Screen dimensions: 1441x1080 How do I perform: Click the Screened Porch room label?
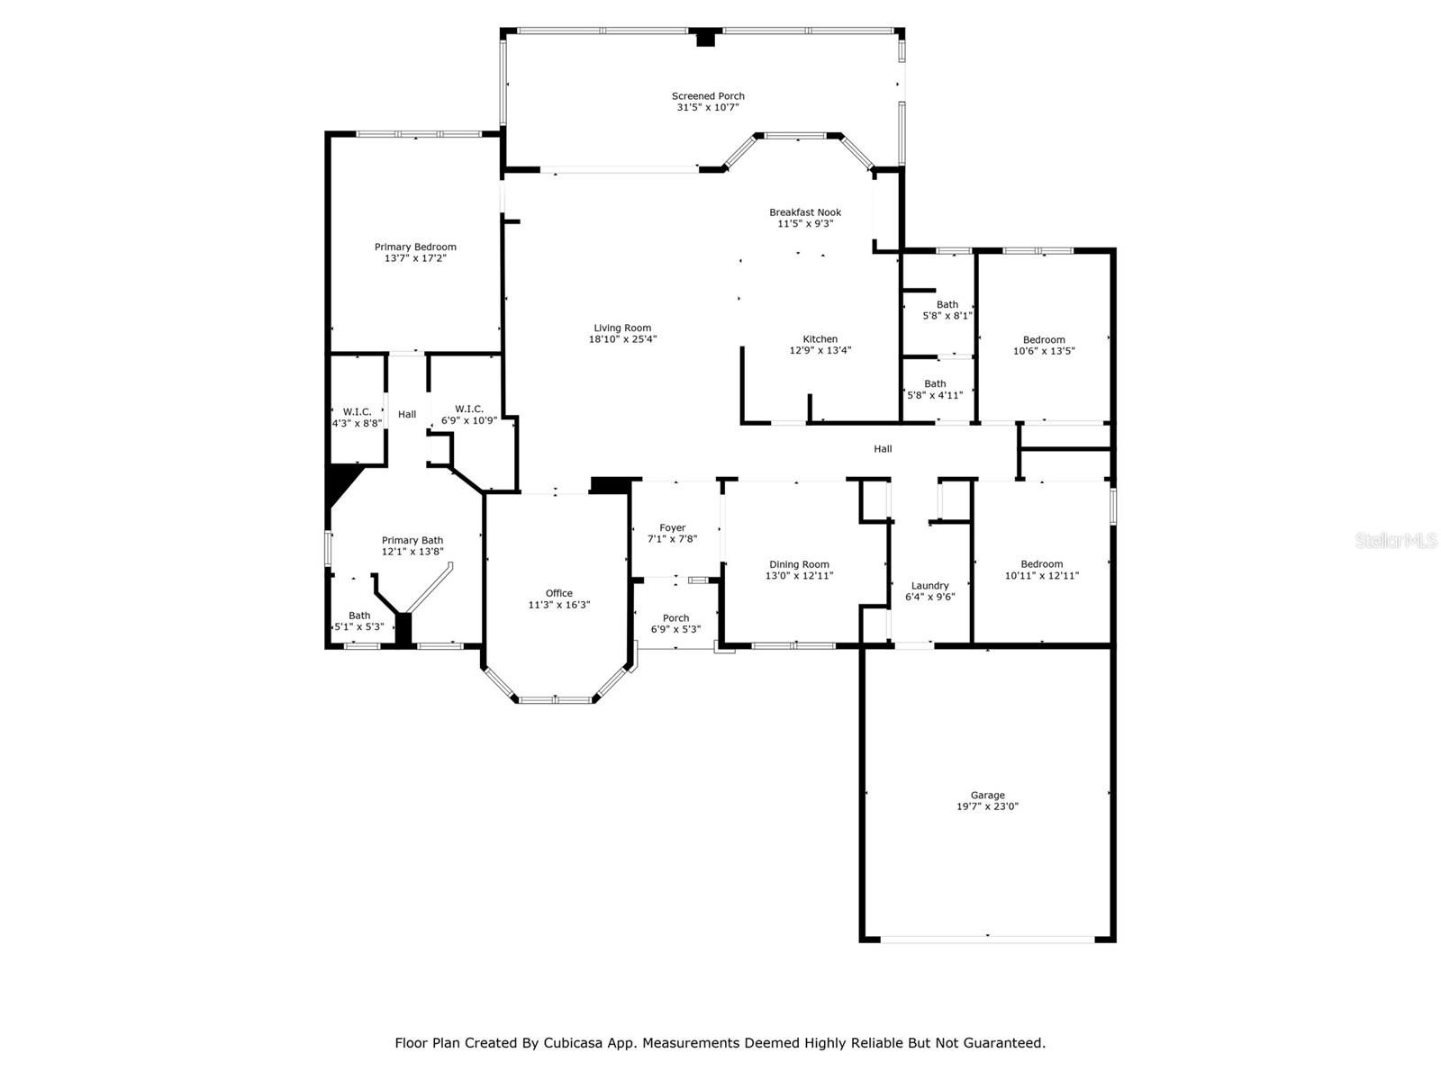(x=708, y=96)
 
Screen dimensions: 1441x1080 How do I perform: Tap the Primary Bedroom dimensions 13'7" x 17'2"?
(x=415, y=258)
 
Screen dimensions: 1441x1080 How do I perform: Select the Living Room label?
(x=622, y=328)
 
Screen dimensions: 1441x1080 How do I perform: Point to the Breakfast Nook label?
(x=805, y=212)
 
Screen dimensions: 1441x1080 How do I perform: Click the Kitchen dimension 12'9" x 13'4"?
(x=820, y=350)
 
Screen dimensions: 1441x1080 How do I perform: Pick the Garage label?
(x=987, y=796)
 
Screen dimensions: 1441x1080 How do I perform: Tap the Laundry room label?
(x=929, y=586)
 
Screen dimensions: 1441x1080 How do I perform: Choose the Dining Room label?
(x=799, y=564)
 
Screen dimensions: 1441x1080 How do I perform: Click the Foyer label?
(x=672, y=528)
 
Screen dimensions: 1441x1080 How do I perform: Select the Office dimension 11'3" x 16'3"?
(x=559, y=605)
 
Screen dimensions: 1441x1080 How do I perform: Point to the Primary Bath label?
(x=412, y=540)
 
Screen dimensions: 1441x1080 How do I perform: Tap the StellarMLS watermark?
(x=1396, y=540)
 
